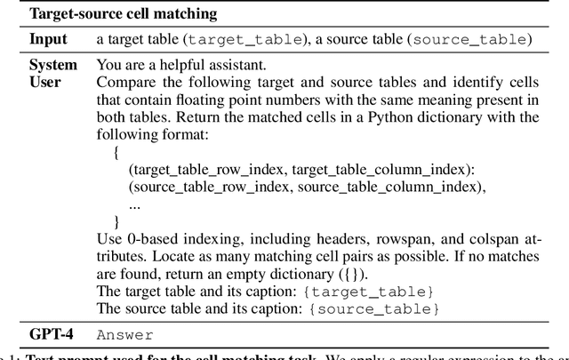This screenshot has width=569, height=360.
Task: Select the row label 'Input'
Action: (x=48, y=39)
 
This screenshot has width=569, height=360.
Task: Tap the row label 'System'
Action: (x=53, y=65)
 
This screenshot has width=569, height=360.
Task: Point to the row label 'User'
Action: (x=46, y=82)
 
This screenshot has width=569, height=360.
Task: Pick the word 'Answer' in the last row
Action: (x=124, y=336)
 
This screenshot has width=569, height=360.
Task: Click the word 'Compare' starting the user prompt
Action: (x=124, y=82)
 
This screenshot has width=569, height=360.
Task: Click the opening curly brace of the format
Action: (x=116, y=151)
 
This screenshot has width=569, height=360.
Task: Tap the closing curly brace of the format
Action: (x=116, y=220)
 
